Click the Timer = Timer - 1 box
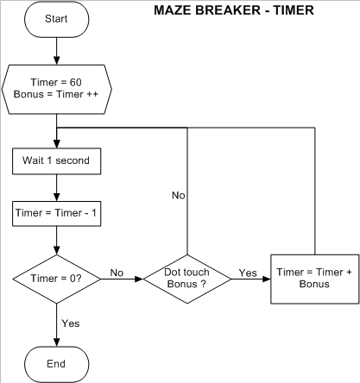click(x=56, y=210)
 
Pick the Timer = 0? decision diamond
click(x=56, y=278)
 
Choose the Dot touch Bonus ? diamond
click(x=187, y=278)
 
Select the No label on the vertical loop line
click(x=179, y=197)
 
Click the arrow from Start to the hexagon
click(x=57, y=52)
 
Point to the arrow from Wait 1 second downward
click(x=56, y=185)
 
